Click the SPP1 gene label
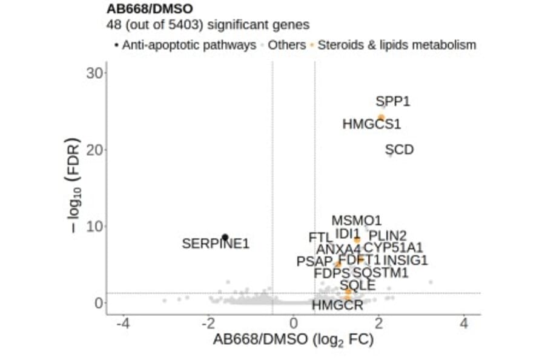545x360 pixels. [392, 101]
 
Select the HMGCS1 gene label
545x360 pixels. [371, 124]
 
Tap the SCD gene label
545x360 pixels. [399, 149]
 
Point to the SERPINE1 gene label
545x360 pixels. [216, 244]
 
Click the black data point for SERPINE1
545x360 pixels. [225, 237]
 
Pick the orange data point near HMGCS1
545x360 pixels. [381, 117]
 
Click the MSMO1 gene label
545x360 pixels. [356, 221]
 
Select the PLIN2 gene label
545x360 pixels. [388, 235]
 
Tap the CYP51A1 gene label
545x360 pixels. [393, 247]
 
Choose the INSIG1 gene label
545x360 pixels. [405, 260]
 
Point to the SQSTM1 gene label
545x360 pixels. [380, 273]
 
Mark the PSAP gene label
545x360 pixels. [314, 261]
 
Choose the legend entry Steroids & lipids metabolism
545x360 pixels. [397, 45]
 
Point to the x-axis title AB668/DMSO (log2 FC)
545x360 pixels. [293, 340]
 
